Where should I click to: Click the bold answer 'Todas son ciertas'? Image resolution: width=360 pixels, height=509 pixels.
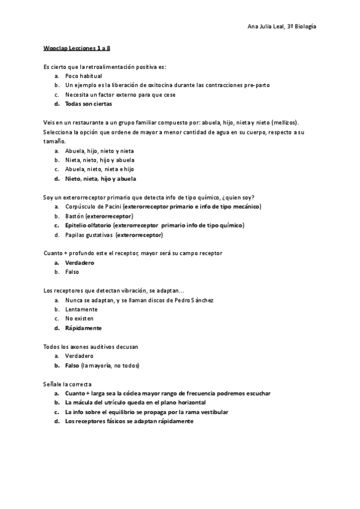click(88, 103)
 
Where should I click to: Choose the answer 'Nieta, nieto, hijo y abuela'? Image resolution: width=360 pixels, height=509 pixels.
click(100, 160)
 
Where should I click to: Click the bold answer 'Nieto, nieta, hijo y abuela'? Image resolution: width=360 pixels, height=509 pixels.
click(100, 178)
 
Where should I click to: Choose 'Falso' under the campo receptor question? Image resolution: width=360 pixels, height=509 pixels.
click(72, 272)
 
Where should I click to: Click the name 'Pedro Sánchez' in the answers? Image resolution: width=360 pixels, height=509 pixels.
click(194, 300)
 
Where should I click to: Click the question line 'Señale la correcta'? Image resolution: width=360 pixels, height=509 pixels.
click(68, 384)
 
